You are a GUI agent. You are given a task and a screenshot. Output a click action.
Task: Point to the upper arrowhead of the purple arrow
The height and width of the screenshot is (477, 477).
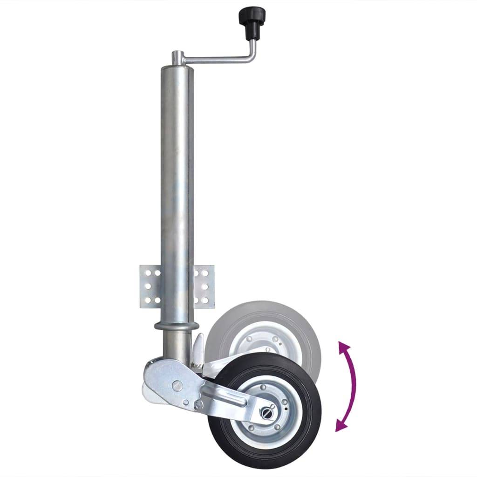tap(342, 347)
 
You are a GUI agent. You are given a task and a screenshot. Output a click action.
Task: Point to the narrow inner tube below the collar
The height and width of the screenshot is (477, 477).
tap(174, 345)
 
